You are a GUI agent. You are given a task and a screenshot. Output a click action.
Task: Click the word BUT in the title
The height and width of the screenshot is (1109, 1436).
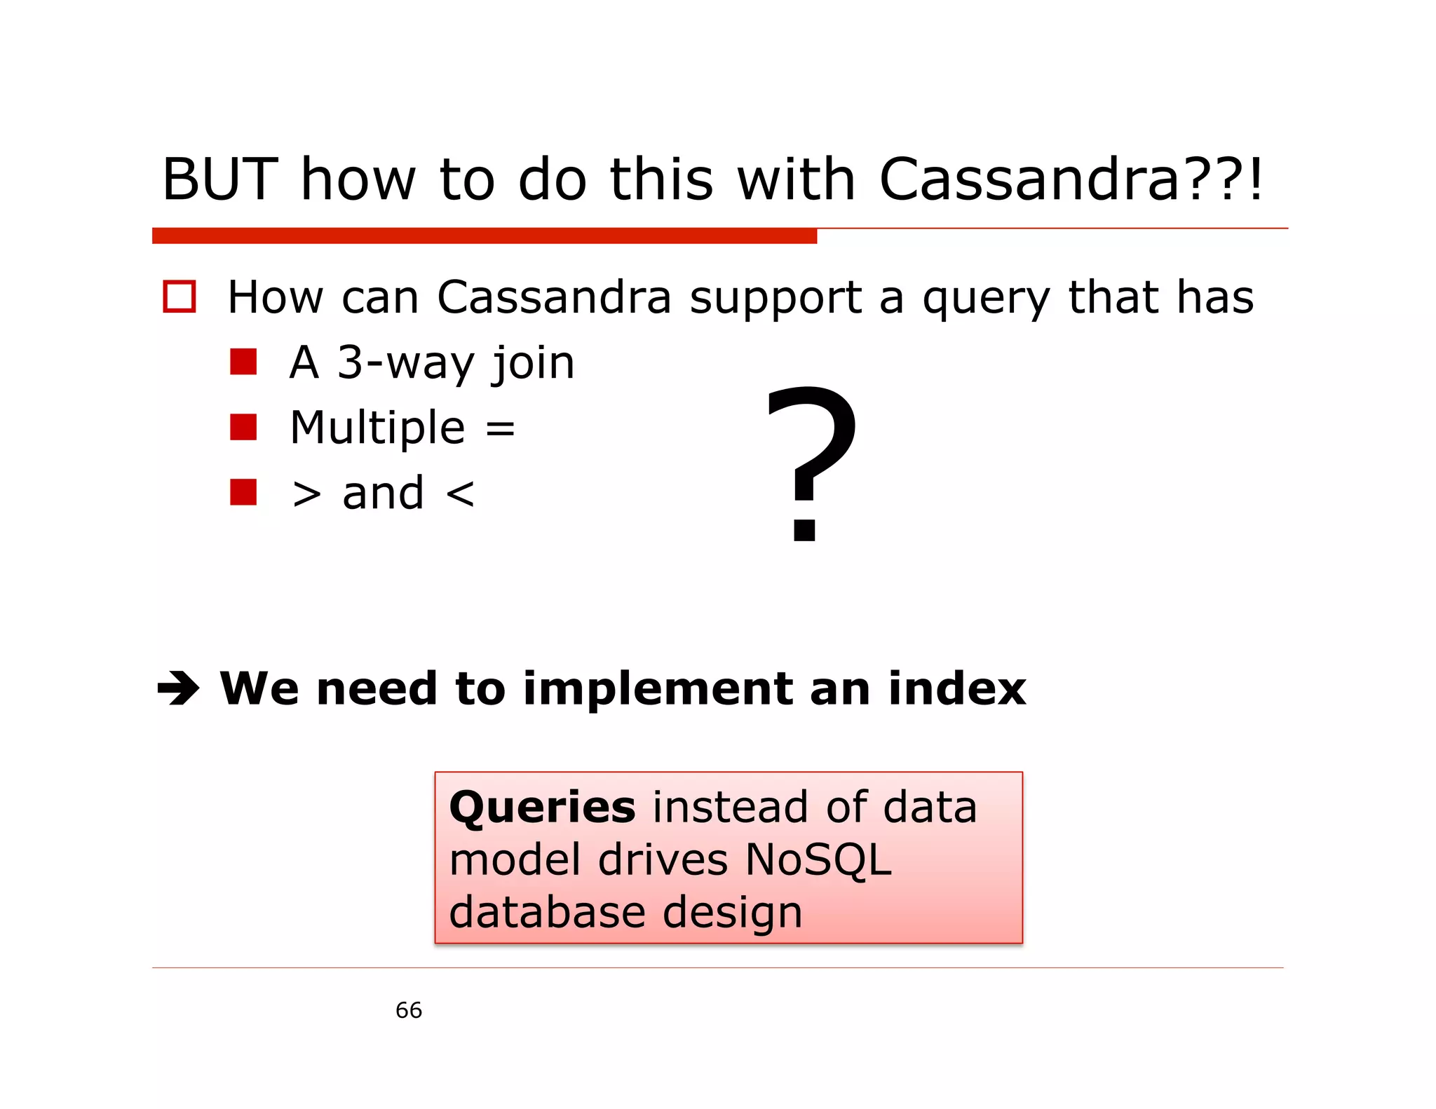click(219, 180)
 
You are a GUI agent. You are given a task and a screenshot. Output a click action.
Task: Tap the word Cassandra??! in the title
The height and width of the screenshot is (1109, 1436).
click(1071, 180)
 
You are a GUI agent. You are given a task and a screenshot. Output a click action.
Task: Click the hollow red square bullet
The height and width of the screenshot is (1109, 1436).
click(179, 297)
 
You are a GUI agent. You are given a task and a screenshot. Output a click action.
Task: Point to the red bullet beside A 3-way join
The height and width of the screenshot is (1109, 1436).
click(243, 362)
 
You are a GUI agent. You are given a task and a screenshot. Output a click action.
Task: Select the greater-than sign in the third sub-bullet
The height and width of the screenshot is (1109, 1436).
click(306, 494)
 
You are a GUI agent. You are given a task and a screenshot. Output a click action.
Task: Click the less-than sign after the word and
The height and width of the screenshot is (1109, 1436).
click(460, 494)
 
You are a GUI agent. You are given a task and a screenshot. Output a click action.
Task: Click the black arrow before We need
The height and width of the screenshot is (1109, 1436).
click(178, 689)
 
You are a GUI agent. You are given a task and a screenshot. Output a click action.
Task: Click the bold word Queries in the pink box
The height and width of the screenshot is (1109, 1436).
click(542, 808)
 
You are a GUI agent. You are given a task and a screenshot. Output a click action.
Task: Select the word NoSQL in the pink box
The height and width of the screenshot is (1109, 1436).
click(818, 860)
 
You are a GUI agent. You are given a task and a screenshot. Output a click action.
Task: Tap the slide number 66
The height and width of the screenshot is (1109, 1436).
click(409, 1010)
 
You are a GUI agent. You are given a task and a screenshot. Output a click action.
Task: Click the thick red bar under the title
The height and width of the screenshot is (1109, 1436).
click(484, 236)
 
